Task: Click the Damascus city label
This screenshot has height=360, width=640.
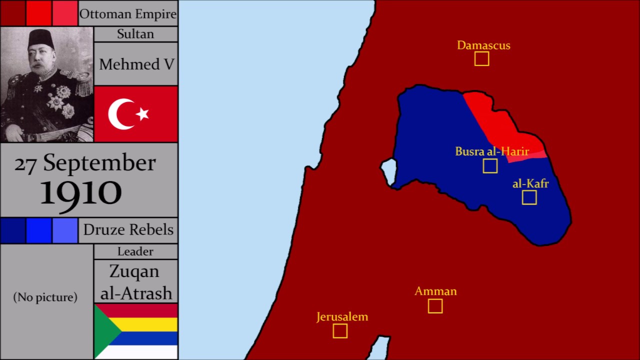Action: pos(483,45)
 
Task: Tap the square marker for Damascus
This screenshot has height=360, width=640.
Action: pos(481,58)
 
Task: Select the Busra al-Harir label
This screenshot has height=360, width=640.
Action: pos(491,151)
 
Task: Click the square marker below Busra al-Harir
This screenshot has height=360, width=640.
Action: pos(490,166)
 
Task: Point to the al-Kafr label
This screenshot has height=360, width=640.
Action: pos(530,183)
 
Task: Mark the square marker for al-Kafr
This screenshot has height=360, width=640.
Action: pos(529,197)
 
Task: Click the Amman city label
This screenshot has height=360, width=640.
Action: pos(435,291)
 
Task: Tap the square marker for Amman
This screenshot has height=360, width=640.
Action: pos(435,306)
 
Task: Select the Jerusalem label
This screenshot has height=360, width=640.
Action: pos(342,316)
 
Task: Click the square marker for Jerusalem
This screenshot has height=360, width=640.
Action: pos(340,330)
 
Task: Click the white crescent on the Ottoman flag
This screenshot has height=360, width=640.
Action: pos(120,114)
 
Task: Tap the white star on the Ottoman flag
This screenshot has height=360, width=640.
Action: pos(142,114)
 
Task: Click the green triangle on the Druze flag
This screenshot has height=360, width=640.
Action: pos(105,330)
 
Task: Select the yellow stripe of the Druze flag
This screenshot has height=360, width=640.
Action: pos(150,324)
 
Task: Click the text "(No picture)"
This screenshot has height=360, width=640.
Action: pos(45,297)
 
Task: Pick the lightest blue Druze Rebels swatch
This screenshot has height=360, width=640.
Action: pos(65,230)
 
